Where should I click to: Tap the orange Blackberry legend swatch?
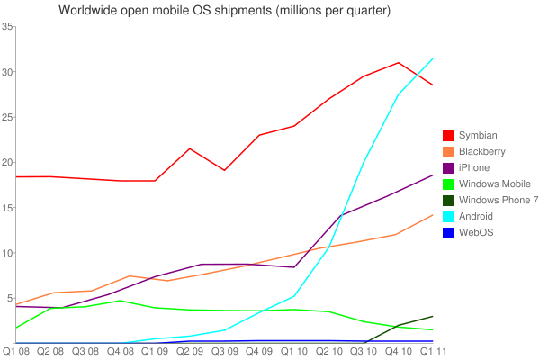point(447,151)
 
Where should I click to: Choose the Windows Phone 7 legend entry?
point(491,200)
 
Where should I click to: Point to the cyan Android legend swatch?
point(447,216)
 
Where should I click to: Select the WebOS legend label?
point(477,232)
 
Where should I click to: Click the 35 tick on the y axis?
point(6,27)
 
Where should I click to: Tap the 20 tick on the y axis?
point(6,163)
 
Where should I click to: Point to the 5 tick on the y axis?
point(8,298)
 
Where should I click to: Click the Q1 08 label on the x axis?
point(17,351)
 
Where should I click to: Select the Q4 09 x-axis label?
point(258,351)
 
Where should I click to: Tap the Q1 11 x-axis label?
point(432,351)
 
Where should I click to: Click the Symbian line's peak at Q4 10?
point(398,63)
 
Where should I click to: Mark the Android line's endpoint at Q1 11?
point(433,58)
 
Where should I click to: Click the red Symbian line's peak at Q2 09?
point(190,148)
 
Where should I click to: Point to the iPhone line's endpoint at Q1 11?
point(433,175)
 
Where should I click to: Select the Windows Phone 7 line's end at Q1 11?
point(433,316)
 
